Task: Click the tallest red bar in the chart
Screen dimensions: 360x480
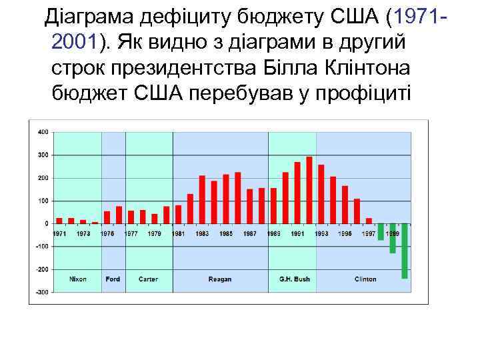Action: [309, 190]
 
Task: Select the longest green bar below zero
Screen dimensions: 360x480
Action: [405, 251]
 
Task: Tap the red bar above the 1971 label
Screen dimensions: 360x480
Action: [59, 221]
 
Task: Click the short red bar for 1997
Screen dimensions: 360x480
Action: [369, 221]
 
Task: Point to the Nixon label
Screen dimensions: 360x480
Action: [78, 279]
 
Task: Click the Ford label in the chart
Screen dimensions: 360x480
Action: [113, 279]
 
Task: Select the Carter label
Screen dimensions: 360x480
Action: [148, 279]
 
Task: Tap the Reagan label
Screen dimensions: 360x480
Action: [220, 279]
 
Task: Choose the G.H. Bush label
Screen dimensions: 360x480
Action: [291, 279]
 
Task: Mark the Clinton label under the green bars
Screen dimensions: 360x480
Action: [365, 279]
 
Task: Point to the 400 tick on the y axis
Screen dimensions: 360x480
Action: [42, 132]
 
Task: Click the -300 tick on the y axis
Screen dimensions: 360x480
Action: [41, 292]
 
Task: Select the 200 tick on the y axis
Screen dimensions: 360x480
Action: [42, 178]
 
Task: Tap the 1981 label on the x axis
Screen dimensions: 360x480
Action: [178, 233]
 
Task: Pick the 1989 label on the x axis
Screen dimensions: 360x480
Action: [273, 233]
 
